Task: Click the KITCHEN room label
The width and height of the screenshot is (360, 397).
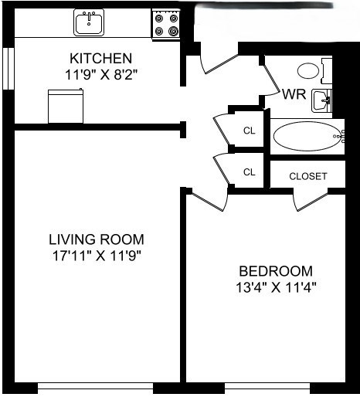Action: click(100, 59)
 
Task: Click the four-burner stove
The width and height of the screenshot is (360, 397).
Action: click(166, 23)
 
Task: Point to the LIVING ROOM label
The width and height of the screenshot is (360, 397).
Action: click(96, 239)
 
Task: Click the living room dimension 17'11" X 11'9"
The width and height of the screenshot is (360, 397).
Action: click(96, 254)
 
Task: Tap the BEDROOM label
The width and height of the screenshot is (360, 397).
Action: click(276, 271)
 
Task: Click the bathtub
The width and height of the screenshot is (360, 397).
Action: click(307, 137)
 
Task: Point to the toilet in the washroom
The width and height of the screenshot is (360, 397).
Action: click(310, 70)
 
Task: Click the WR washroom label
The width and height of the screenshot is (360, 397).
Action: click(293, 95)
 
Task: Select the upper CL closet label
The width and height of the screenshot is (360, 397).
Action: click(249, 130)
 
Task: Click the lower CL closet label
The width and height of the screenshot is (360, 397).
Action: click(249, 172)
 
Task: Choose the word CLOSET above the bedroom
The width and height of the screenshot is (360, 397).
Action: click(307, 176)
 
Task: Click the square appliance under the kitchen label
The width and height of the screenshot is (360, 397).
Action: click(66, 106)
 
